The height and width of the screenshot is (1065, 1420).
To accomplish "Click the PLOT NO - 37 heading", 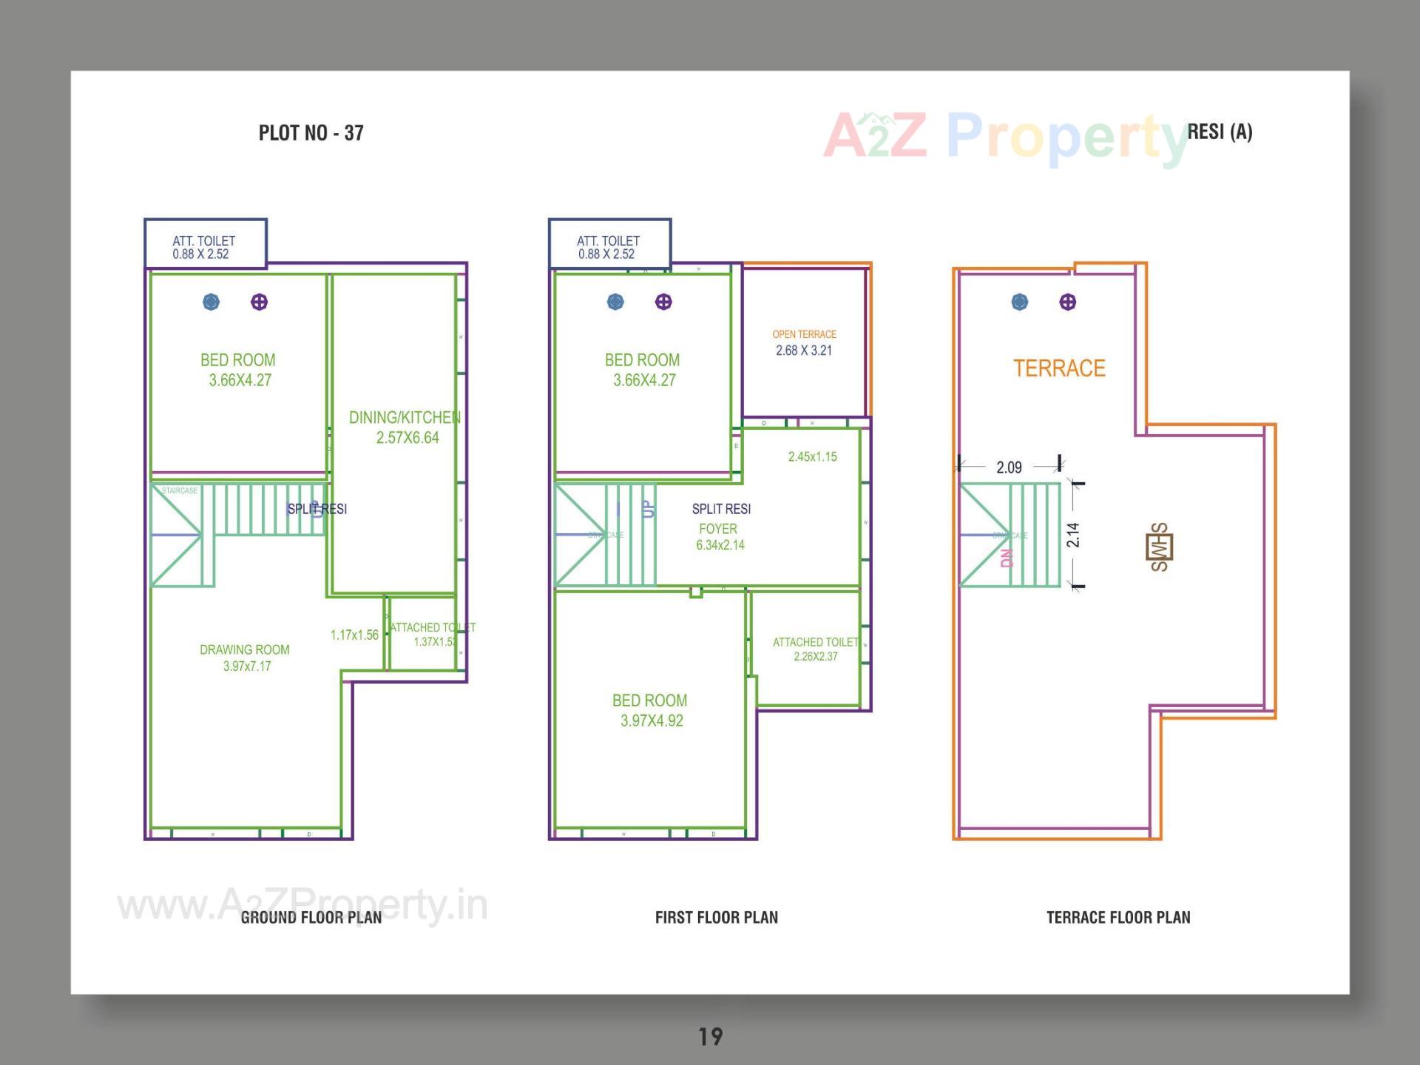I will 311,133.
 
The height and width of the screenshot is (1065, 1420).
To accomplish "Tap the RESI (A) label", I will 1220,132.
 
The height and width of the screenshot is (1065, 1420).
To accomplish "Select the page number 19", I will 710,1037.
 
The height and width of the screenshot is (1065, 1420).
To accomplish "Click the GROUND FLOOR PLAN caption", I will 311,918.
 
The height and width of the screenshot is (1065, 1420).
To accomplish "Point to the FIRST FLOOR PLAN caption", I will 716,918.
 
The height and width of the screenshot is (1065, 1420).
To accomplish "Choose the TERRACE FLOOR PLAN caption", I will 1118,918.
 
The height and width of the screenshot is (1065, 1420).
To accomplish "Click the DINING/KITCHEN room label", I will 405,418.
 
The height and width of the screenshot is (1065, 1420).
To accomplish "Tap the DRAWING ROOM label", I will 245,650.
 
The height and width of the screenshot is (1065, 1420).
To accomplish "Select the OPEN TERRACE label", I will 804,334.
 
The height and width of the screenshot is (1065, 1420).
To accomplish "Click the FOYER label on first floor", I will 718,529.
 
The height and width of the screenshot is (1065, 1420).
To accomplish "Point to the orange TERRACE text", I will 1059,368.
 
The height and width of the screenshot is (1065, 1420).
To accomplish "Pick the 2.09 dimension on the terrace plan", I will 1009,467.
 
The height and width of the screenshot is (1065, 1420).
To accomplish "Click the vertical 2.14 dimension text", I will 1073,535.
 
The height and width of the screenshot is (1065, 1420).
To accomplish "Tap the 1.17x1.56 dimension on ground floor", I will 354,635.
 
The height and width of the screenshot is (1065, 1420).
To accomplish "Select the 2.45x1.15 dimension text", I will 812,457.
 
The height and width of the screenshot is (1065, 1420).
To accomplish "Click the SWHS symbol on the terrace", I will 1159,547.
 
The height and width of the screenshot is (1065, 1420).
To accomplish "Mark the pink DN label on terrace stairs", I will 1006,558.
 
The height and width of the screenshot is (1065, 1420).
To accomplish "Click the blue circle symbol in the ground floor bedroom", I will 212,302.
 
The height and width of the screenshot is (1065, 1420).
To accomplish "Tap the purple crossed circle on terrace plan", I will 1067,302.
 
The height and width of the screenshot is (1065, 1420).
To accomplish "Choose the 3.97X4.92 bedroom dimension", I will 652,721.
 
